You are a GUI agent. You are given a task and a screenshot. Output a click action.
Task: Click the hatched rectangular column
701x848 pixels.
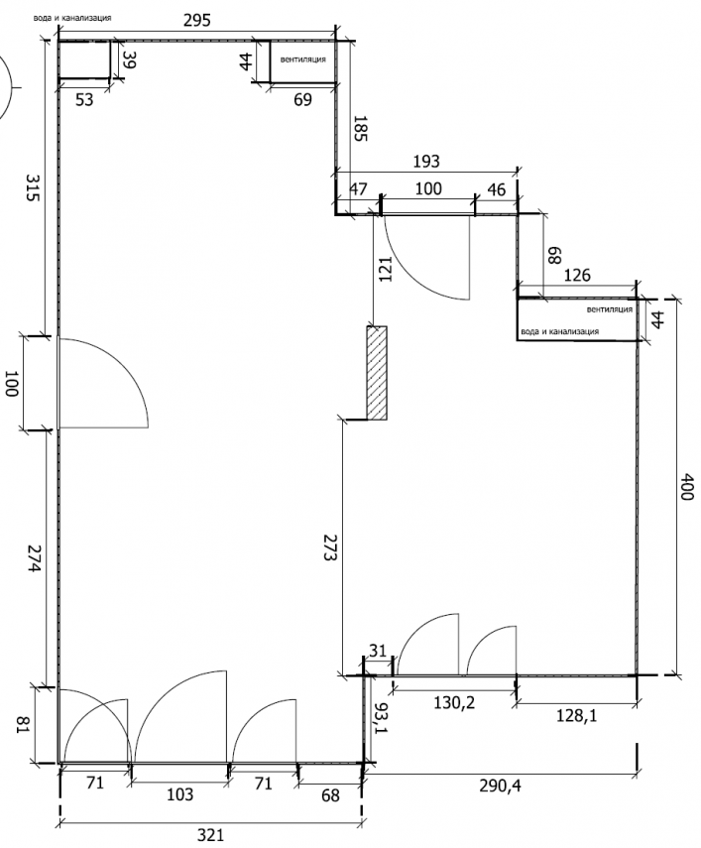click(377, 373)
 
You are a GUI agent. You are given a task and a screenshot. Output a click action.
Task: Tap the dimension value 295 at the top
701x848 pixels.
click(196, 21)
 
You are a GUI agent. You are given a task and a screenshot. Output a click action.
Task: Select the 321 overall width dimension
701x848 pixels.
click(210, 835)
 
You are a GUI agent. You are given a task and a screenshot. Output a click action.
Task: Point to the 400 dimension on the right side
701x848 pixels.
click(686, 487)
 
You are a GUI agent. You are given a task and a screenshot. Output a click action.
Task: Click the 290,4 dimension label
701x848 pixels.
click(500, 786)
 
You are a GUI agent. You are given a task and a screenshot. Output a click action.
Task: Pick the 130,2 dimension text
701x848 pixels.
click(454, 703)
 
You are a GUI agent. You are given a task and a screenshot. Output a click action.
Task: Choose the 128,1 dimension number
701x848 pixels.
click(576, 716)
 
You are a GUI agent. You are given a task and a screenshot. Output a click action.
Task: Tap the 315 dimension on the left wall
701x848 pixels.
click(34, 187)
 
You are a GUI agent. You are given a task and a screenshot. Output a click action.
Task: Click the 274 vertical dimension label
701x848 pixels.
click(34, 559)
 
